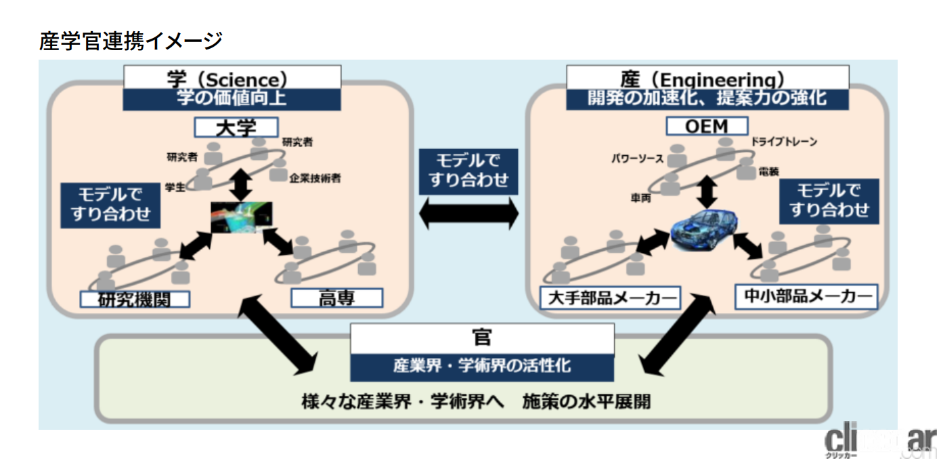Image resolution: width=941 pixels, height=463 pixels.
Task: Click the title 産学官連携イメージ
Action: coord(131,41)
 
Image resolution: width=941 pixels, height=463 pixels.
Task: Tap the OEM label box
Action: coord(707,126)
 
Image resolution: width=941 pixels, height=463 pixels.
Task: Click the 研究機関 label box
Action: coord(135,299)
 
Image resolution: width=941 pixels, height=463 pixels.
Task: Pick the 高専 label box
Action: coord(336,298)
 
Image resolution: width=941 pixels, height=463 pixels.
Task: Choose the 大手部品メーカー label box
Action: coord(609,298)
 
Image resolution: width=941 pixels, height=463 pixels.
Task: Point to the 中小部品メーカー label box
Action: coord(806,297)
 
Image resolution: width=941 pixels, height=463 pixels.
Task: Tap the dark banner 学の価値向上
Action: coord(232,99)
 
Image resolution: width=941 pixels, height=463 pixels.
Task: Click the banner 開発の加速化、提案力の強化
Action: coord(707,99)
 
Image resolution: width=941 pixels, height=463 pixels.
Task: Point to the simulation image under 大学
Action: coord(242,218)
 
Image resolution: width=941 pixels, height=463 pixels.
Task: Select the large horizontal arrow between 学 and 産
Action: coord(468,216)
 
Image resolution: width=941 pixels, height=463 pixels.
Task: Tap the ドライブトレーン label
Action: coord(784,142)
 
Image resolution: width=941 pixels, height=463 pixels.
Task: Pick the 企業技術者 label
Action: coord(314,179)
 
